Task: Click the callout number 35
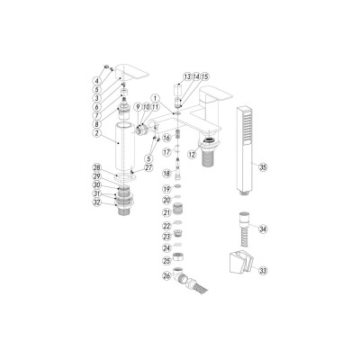click(x=263, y=166)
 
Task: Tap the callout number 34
click(x=263, y=229)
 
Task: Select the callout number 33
click(x=263, y=270)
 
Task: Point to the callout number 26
click(x=166, y=276)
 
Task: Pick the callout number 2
click(x=95, y=132)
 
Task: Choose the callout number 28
click(x=95, y=168)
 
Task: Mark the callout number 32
click(x=95, y=202)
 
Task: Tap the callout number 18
click(x=166, y=172)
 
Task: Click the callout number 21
click(x=166, y=212)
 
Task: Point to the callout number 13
click(x=186, y=77)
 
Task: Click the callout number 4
click(x=95, y=82)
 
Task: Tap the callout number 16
click(x=166, y=138)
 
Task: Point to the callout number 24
click(x=166, y=247)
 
